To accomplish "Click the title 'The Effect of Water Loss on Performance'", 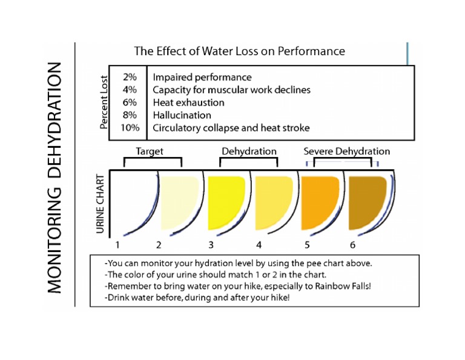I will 239,51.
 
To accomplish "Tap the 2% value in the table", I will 130,78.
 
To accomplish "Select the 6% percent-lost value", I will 130,102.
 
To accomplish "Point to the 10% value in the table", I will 130,128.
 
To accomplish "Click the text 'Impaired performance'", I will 202,78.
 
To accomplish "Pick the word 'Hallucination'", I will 182,115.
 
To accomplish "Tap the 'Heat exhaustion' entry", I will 188,102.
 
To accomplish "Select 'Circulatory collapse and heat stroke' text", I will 231,128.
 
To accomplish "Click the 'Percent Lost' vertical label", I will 104,102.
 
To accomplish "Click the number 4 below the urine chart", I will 259,245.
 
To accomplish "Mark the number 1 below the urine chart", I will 118,245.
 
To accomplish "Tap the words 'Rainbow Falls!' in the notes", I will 340,285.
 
